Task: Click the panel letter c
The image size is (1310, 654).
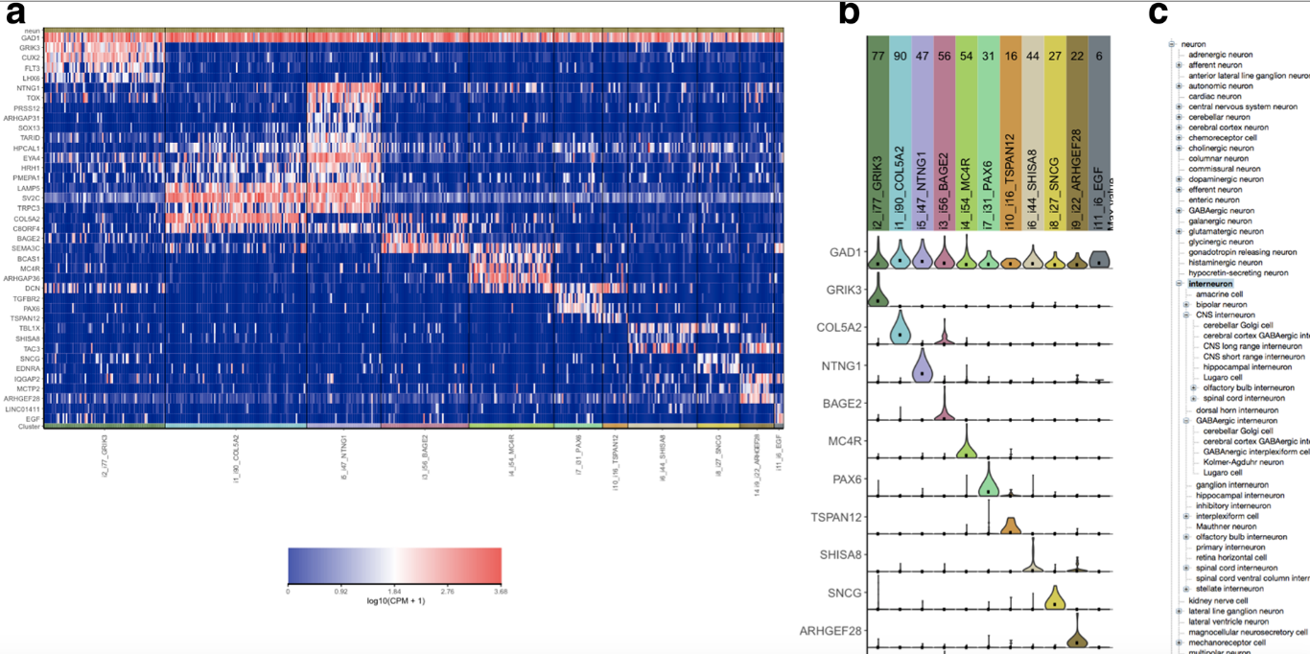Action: coord(1158,13)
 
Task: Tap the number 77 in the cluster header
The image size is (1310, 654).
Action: coord(877,57)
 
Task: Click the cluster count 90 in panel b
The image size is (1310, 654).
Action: coord(899,57)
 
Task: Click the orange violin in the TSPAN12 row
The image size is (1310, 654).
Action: coord(1010,525)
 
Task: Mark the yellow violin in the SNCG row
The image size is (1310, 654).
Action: coord(1054,597)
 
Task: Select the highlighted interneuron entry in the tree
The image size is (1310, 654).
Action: coord(1210,284)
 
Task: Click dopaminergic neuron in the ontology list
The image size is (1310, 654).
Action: coord(1224,179)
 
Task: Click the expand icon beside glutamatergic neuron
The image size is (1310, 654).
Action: coord(1179,231)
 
